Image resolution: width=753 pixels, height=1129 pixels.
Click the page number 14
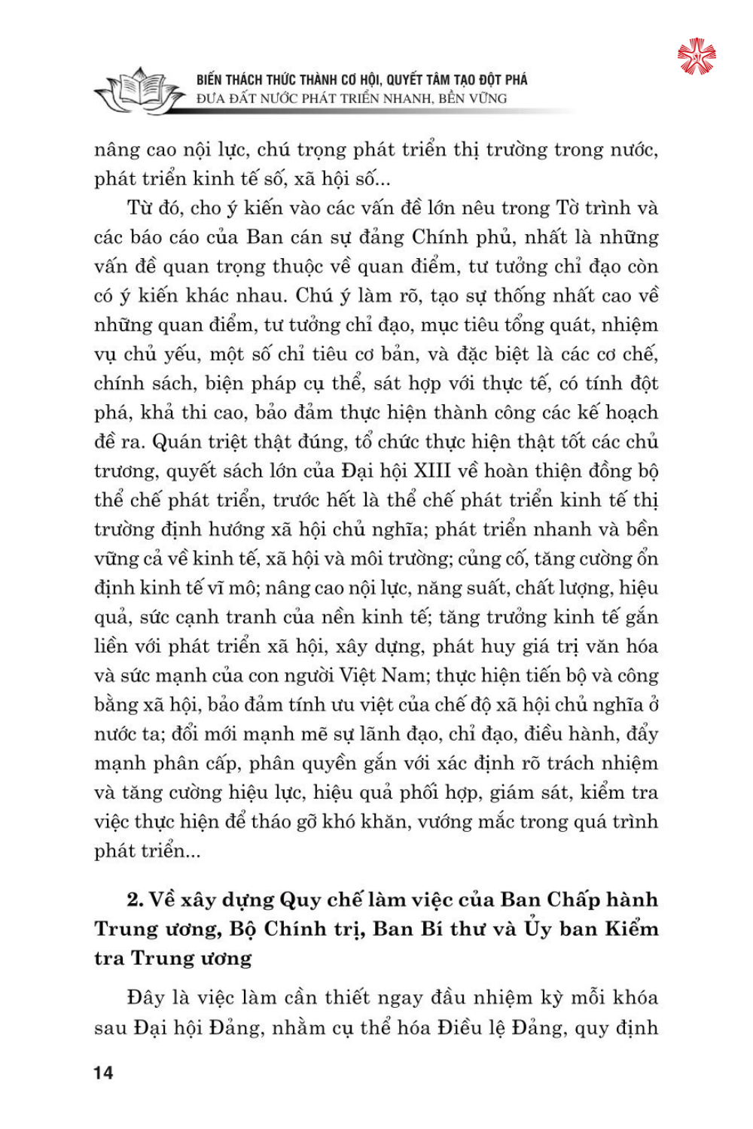(x=103, y=1073)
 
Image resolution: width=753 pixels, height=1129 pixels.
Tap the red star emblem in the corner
(x=697, y=56)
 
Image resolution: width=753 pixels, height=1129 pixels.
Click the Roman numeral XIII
(x=431, y=471)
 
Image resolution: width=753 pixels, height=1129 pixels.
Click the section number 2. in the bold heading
(x=136, y=900)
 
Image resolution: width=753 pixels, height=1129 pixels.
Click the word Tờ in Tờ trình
(x=568, y=208)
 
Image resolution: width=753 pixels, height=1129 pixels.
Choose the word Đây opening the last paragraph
(x=146, y=998)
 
